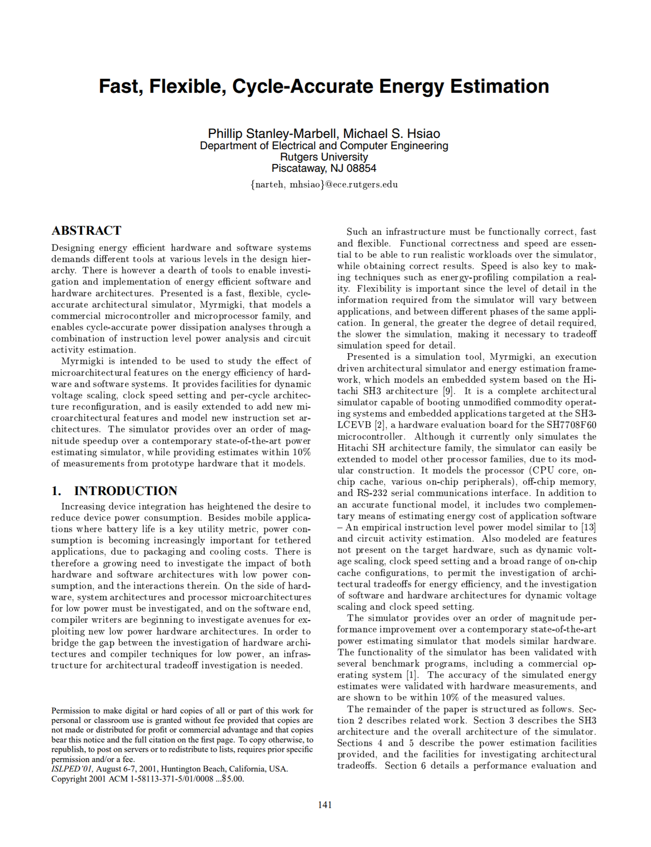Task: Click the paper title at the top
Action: tap(324, 86)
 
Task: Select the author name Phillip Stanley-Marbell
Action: tap(273, 133)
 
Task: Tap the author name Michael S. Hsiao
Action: tap(392, 133)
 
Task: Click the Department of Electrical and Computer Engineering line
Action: tap(324, 146)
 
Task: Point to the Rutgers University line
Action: tap(324, 157)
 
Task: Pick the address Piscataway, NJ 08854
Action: tap(324, 168)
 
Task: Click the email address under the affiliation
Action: tap(324, 185)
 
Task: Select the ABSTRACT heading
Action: tap(86, 230)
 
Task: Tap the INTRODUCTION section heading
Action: tap(125, 491)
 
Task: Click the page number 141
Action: tap(325, 805)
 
